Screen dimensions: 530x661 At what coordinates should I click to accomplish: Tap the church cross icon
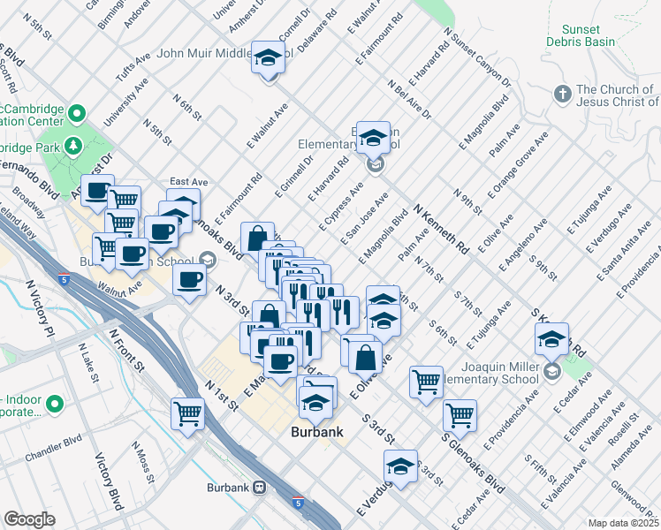coord(561,93)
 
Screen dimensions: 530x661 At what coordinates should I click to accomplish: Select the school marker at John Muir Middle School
coord(268,59)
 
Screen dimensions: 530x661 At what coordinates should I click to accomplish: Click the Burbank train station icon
coord(260,487)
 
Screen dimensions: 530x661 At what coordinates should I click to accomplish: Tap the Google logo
coord(30,519)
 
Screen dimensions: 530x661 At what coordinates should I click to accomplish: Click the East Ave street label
coord(188,181)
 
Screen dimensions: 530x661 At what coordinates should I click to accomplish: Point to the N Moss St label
coord(142,467)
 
